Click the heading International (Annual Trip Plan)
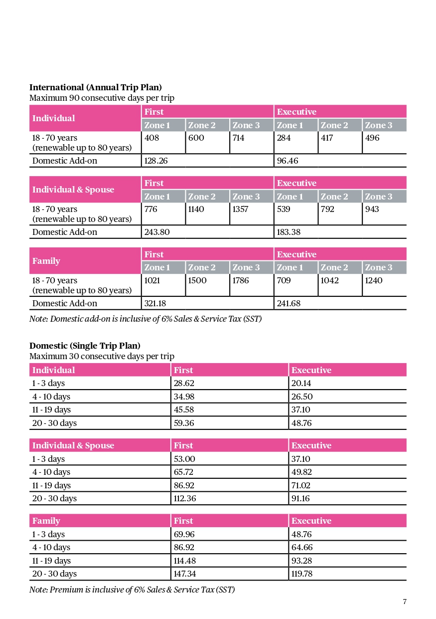coord(96,88)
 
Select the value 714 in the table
coord(238,138)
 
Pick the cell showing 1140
coord(196,209)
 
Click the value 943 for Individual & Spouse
coord(372,209)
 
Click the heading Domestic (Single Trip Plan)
coord(85,346)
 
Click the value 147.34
coord(185,574)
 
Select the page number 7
coord(405,602)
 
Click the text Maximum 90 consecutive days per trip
coord(102,98)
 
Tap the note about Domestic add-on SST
coord(145,319)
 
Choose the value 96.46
coord(289,161)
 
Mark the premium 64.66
coord(302,547)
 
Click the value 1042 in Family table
coord(329,281)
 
